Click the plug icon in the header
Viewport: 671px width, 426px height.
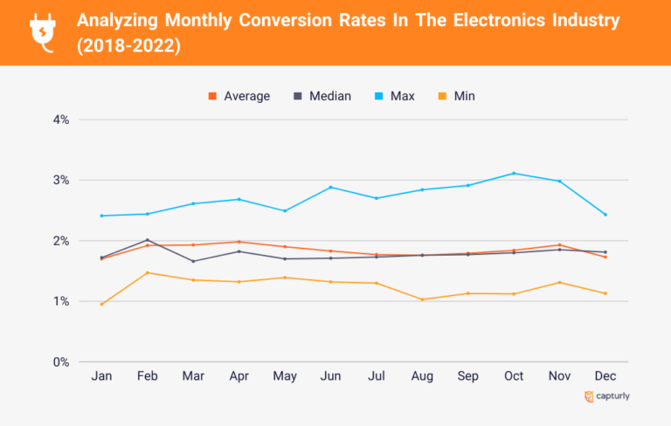coord(42,31)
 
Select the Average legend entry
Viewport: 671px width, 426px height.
coord(239,96)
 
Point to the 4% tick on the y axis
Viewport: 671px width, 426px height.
coord(59,120)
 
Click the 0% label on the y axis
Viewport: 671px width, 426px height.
coord(59,362)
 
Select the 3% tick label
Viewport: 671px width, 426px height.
coord(59,181)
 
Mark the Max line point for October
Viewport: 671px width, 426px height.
coord(514,173)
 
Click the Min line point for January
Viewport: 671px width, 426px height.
coord(102,304)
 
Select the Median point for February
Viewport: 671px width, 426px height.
coord(148,240)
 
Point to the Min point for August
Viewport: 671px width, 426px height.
coord(422,299)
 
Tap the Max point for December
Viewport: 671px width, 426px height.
coord(605,215)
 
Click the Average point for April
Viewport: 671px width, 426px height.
coord(239,242)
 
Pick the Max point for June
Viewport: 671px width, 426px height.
coord(330,187)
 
